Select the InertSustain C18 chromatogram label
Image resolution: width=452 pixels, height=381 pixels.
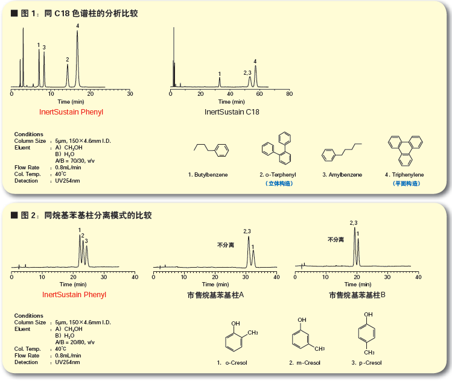pyautogui.click(x=231, y=112)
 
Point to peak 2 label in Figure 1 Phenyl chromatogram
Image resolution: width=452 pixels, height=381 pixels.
pyautogui.click(x=68, y=60)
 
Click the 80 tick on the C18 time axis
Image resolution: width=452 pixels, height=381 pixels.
pyautogui.click(x=289, y=94)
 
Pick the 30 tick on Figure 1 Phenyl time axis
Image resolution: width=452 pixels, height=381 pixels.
pyautogui.click(x=130, y=94)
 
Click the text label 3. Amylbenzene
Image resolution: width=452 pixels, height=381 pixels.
pyautogui.click(x=342, y=174)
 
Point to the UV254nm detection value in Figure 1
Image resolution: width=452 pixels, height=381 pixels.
pyautogui.click(x=68, y=180)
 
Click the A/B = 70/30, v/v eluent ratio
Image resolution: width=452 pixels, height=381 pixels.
pyautogui.click(x=75, y=160)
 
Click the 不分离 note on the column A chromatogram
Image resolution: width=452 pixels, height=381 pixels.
pyautogui.click(x=226, y=245)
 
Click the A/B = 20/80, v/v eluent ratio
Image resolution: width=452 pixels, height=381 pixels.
pyautogui.click(x=75, y=342)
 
